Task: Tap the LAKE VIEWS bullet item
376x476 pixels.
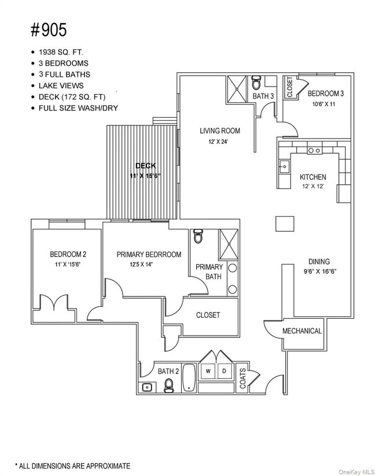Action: (61, 85)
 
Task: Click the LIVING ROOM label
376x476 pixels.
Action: (219, 131)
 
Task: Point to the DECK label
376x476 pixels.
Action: (145, 166)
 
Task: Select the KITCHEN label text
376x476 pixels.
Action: (312, 177)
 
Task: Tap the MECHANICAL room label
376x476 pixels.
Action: (302, 331)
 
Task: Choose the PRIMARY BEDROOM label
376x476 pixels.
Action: (149, 255)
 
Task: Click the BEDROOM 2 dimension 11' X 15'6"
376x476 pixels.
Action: (68, 264)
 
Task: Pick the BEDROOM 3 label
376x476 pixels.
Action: (326, 94)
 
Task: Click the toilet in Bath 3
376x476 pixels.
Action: (257, 82)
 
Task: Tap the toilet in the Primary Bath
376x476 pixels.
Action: (198, 236)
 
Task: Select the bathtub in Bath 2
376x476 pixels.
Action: (189, 378)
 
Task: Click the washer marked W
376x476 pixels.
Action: (208, 371)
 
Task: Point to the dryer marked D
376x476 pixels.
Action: (224, 371)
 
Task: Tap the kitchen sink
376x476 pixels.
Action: (283, 168)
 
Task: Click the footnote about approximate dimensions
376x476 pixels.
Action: (72, 466)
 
